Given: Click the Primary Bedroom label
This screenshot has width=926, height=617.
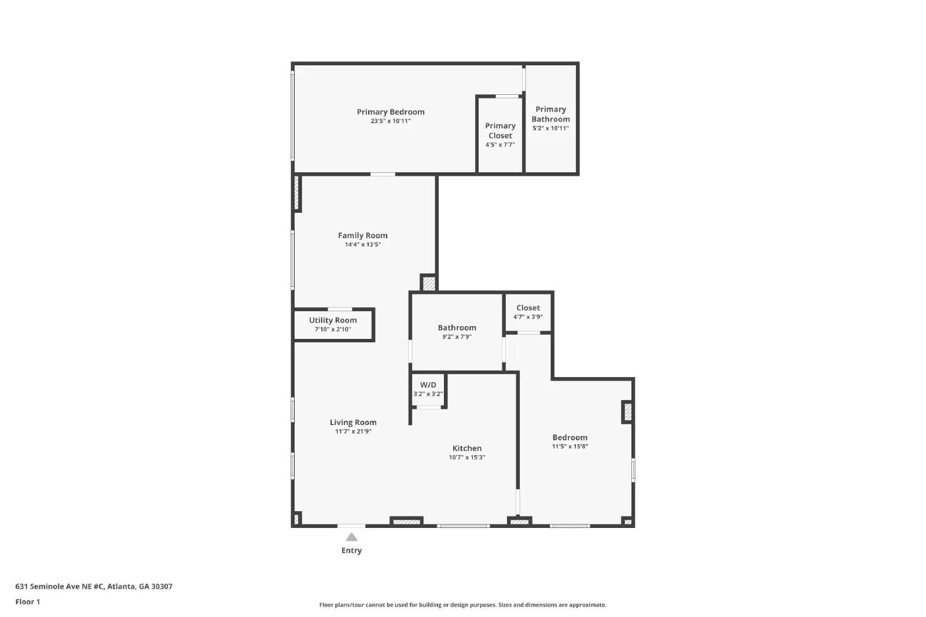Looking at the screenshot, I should [391, 112].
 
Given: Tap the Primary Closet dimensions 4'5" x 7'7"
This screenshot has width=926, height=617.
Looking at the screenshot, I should [500, 145].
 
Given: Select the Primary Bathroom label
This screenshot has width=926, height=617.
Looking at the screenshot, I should [550, 114].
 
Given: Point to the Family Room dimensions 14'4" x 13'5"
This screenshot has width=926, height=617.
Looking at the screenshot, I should [363, 245].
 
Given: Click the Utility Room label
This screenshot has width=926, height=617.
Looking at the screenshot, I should [333, 320].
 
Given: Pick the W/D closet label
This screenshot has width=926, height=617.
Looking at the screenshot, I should [428, 385].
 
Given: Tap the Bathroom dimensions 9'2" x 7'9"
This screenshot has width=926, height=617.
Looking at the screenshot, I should [457, 337].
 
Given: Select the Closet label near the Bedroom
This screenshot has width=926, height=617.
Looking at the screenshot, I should [528, 308].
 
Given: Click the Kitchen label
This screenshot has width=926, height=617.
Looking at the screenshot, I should [466, 448].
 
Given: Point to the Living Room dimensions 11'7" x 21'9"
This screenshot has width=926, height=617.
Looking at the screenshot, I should [353, 431].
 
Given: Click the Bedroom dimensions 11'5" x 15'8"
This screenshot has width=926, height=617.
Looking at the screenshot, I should [569, 446].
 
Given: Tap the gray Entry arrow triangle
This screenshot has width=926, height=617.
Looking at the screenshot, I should [351, 537].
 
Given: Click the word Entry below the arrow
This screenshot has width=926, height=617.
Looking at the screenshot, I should [351, 551].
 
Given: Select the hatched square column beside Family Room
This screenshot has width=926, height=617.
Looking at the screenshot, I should [429, 284].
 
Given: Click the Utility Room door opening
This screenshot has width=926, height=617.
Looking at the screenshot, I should [340, 309].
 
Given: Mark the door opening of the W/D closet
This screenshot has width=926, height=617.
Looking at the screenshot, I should [429, 408].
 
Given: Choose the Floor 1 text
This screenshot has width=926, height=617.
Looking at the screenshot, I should [28, 602].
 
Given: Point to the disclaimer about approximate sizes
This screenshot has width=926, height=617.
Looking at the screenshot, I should [462, 605].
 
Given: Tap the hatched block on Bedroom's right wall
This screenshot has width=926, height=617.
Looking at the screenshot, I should [627, 412].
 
